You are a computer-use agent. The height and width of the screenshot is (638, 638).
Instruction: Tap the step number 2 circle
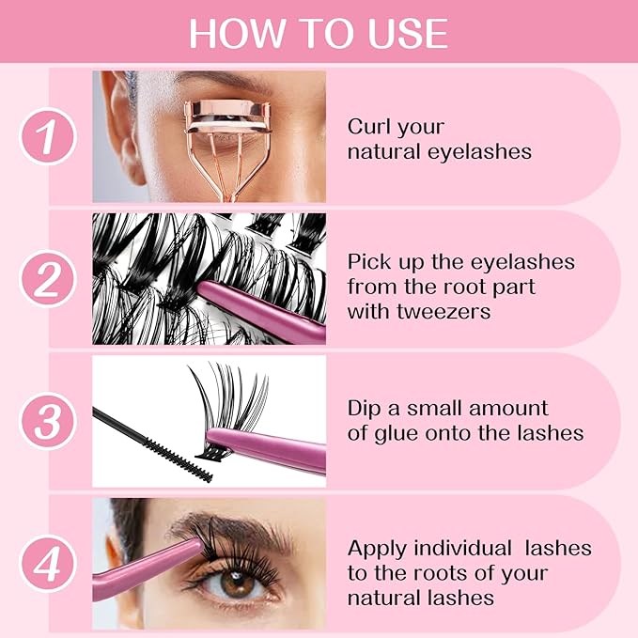pos(47,279)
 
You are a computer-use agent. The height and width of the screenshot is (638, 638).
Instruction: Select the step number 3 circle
pos(47,421)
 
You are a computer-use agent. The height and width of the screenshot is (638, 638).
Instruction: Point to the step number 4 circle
pos(47,564)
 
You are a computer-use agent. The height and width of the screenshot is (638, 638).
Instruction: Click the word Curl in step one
pos(369,126)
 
